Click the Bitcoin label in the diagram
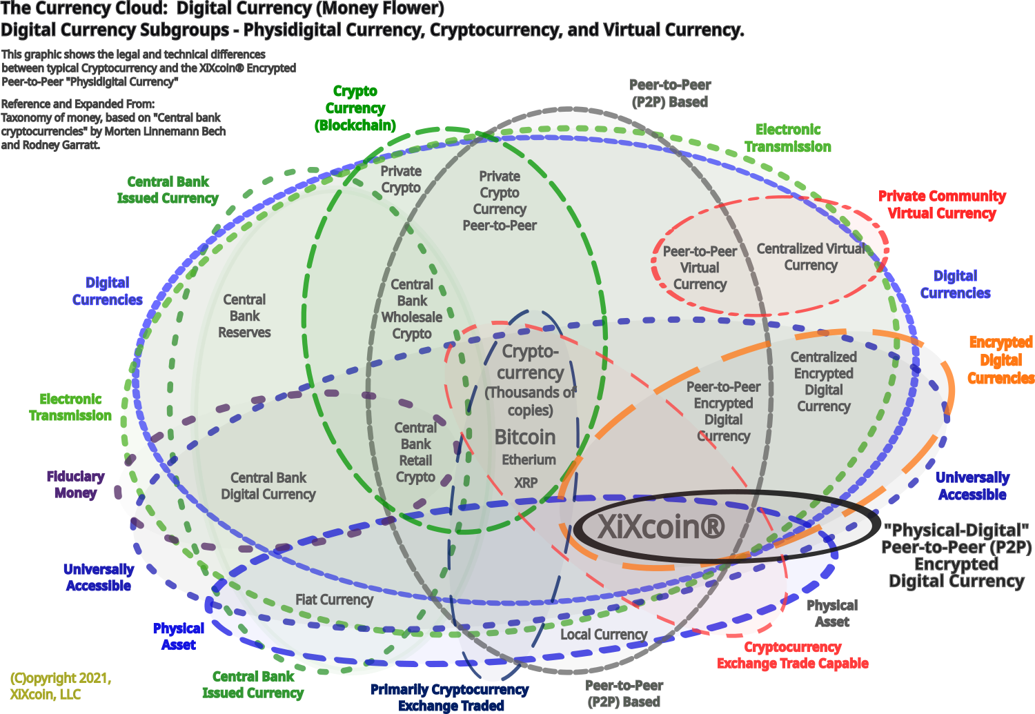[525, 437]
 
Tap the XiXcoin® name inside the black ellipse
[661, 527]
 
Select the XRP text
[526, 483]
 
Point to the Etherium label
[529, 460]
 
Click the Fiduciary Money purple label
[75, 484]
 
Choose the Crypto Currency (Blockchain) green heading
[355, 108]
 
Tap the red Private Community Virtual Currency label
[942, 205]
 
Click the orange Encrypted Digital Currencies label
[1000, 360]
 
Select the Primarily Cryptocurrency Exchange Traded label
[450, 697]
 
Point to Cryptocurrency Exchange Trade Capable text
[793, 655]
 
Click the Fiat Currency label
[334, 599]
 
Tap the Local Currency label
[604, 635]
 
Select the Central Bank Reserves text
[245, 316]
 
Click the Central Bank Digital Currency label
[268, 486]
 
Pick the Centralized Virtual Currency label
[811, 257]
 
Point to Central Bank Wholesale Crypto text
[412, 309]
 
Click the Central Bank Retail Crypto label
[415, 453]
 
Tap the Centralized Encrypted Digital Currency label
[823, 381]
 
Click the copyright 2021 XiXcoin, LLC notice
[60, 686]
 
